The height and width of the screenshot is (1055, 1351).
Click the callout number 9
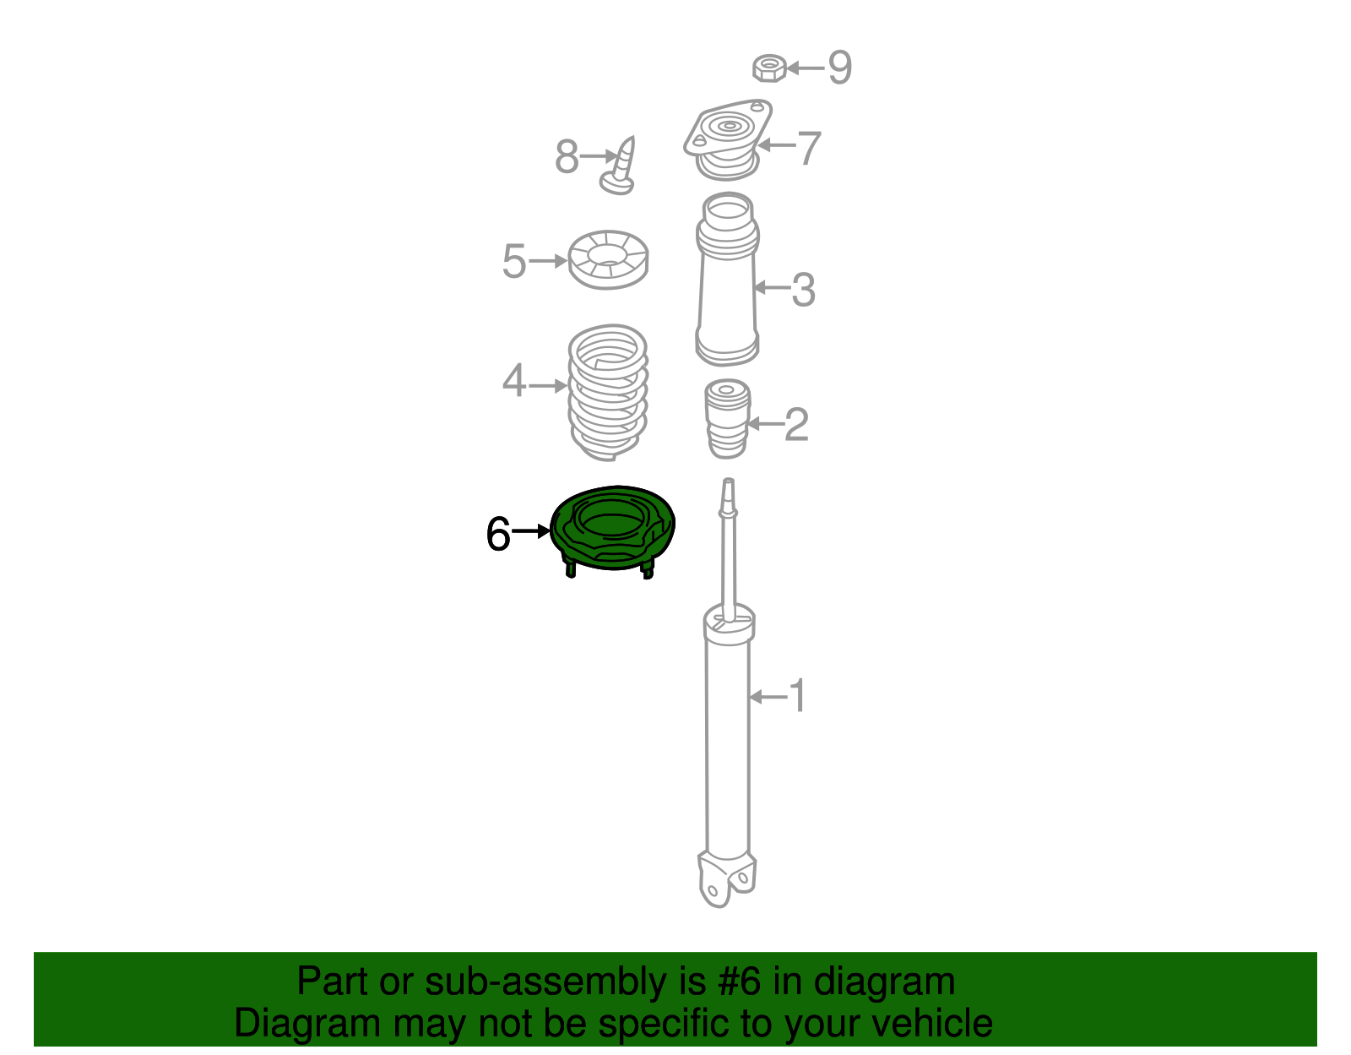(x=839, y=67)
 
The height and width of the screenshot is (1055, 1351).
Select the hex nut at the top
(x=769, y=68)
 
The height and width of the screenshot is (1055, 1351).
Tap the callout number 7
(x=809, y=148)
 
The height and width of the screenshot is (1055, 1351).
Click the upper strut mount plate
(x=727, y=135)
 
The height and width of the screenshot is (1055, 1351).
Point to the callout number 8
(x=567, y=156)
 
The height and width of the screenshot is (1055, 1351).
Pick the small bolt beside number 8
(x=621, y=166)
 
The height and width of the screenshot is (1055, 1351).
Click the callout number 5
(x=513, y=261)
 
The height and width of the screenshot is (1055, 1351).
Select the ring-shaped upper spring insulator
(x=608, y=259)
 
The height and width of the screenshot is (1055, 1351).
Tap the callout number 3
(x=802, y=290)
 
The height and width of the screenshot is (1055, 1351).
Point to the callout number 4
(x=513, y=381)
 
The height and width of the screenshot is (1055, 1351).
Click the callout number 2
(x=796, y=424)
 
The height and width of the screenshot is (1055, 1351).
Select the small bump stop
(x=727, y=419)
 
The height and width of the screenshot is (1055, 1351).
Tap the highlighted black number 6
(x=498, y=534)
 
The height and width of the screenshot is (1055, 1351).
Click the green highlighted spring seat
(x=613, y=529)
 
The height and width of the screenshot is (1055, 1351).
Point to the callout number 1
(x=796, y=697)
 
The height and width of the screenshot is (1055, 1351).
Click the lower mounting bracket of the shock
(x=726, y=878)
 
